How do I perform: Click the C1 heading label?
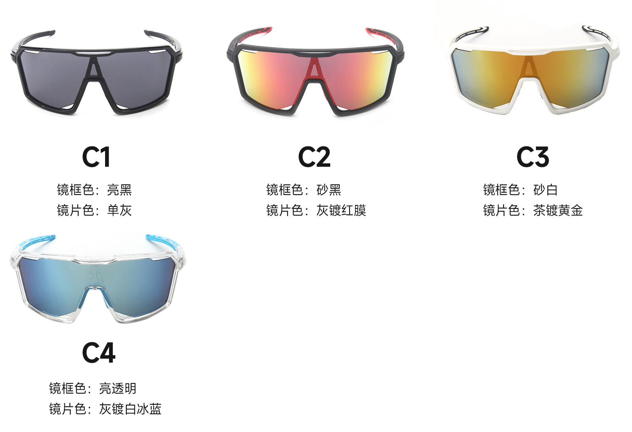coord(96,157)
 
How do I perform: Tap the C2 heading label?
coord(314,157)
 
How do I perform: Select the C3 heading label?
coord(532,157)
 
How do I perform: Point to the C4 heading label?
coord(99,352)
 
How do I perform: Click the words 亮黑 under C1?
coord(119,190)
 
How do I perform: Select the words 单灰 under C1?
coord(119,210)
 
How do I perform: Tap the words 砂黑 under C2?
coord(329,190)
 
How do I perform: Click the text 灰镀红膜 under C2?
coord(341,210)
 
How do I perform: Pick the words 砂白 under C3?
coord(545,190)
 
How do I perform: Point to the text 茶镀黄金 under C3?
coord(558,210)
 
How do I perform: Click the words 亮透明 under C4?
coord(118,388)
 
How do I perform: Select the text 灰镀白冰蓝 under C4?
coord(130,409)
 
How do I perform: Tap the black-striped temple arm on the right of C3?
coord(596,32)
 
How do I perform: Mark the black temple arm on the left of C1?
coord(34,38)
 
